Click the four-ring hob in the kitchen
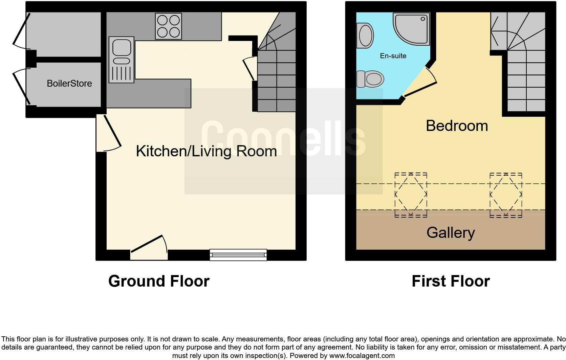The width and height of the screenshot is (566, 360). coord(168,26)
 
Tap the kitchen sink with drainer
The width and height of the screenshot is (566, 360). coord(121,60)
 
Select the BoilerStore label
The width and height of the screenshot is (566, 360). coord(69,84)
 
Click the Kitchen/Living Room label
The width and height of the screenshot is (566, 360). coord(206,151)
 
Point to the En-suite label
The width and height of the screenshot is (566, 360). coord(393,56)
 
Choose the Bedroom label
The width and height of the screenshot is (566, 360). coord(457,126)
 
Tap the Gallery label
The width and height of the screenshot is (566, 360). coord(451,232)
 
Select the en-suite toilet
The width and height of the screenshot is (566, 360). coord(371,79)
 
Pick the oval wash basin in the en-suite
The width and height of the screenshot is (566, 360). coord(365,36)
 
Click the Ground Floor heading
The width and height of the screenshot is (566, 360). coord(159,281)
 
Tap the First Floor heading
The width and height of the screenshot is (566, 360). coord(451,281)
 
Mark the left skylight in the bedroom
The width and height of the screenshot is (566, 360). coord(411,195)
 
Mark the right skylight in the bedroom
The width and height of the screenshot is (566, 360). coord(506,195)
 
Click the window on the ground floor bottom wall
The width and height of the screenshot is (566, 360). coord(238,254)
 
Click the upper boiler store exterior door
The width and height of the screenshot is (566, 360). coord(21,30)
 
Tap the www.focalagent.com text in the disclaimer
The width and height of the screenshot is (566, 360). coord(362,356)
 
